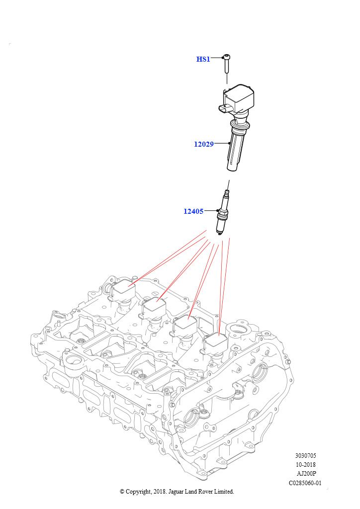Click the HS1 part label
(203, 59)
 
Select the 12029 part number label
(203, 144)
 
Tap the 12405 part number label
(193, 211)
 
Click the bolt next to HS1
(227, 65)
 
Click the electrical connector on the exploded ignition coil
(225, 109)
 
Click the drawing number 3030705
(305, 455)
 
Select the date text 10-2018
(305, 464)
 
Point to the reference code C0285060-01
(305, 483)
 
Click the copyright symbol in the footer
(122, 492)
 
